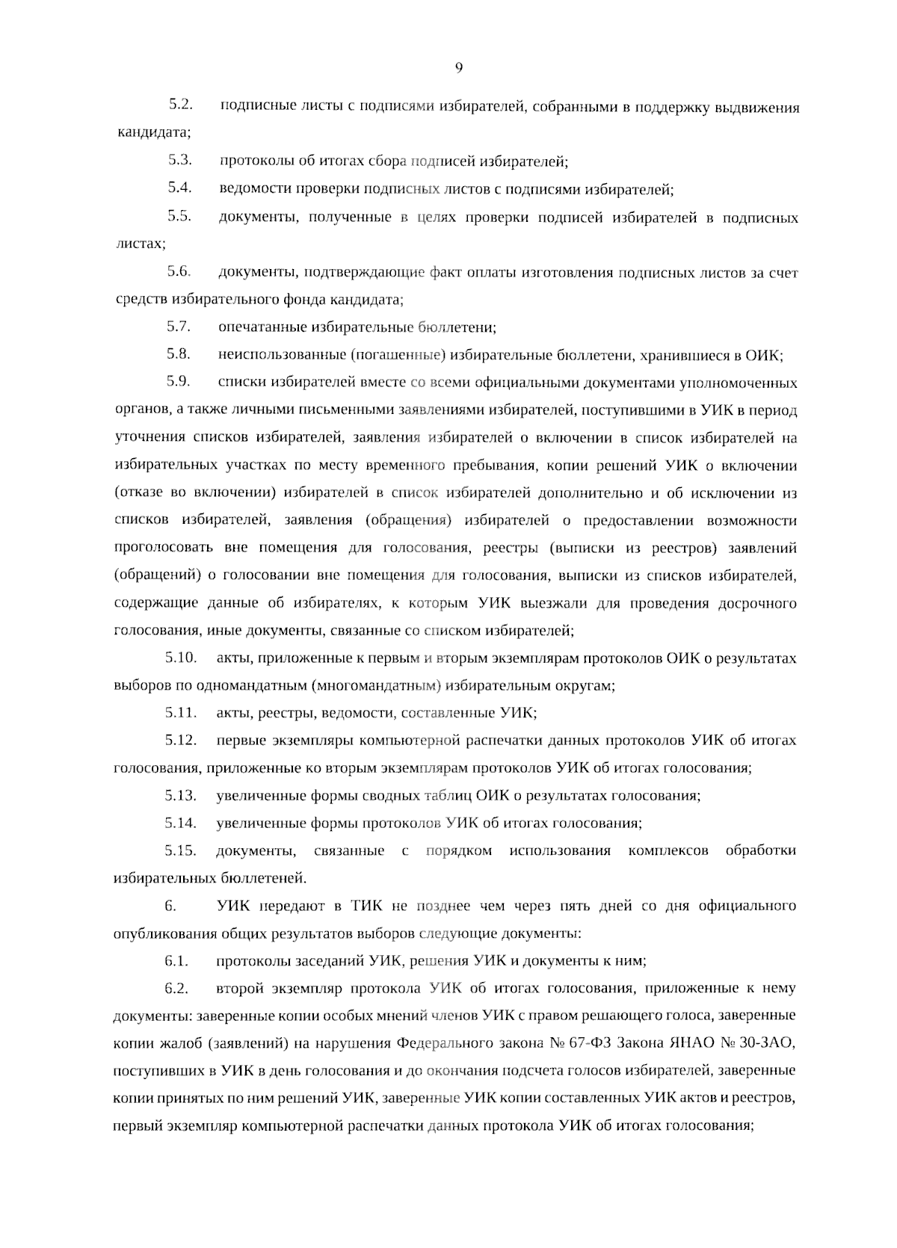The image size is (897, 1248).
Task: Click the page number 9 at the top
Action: [x=459, y=68]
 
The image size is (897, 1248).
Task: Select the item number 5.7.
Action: [x=179, y=327]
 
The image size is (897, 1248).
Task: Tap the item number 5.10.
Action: [x=180, y=658]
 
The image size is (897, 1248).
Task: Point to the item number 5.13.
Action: [x=180, y=795]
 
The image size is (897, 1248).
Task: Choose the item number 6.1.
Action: [x=176, y=960]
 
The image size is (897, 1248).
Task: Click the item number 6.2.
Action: [x=176, y=988]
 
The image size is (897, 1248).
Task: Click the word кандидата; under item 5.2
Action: [x=153, y=134]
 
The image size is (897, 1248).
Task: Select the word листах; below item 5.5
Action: [x=140, y=244]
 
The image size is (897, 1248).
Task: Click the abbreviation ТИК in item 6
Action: [x=366, y=906]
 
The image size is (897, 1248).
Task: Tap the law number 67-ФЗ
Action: [x=594, y=1042]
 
